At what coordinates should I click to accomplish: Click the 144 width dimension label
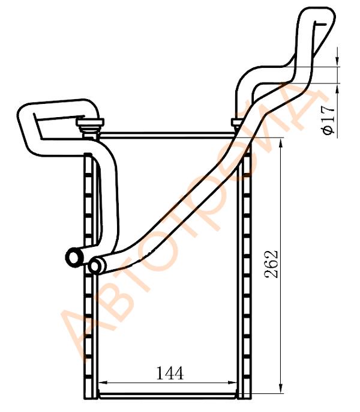coord(170,374)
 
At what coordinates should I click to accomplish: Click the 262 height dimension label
coord(271,264)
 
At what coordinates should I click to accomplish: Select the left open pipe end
coord(74,256)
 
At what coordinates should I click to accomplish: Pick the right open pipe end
coord(95,265)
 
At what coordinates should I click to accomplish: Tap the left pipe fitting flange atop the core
coord(90,122)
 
